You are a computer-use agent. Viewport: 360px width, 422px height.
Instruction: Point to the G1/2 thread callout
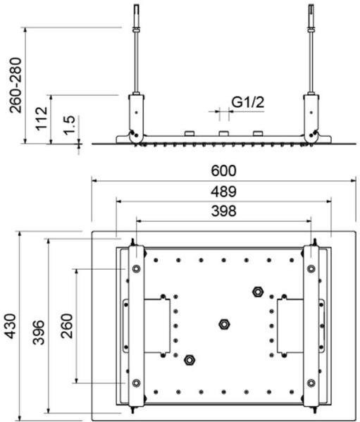pyautogui.click(x=248, y=103)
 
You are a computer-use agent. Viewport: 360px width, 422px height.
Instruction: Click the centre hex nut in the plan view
pyautogui.click(x=224, y=324)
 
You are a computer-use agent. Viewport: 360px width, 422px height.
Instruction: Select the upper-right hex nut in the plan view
pyautogui.click(x=257, y=290)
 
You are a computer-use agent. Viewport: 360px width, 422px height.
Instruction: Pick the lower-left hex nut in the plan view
pyautogui.click(x=189, y=360)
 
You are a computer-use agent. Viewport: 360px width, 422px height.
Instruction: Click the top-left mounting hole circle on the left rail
pyautogui.click(x=134, y=268)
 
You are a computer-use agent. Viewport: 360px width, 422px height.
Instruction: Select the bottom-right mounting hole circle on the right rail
pyautogui.click(x=311, y=383)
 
